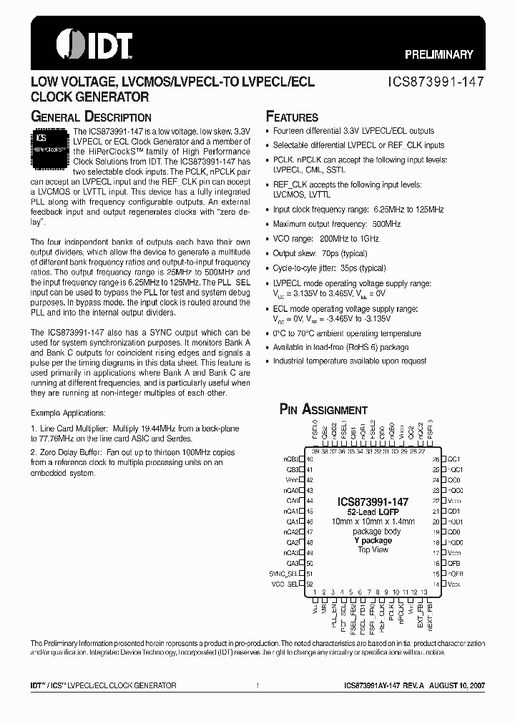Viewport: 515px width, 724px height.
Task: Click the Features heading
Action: coord(292,117)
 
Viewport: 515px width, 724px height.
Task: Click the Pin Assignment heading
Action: coord(323,409)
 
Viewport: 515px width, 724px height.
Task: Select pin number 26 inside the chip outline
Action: coord(436,459)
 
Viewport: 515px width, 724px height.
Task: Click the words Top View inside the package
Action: coord(373,549)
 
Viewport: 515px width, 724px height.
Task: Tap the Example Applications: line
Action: coord(68,414)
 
